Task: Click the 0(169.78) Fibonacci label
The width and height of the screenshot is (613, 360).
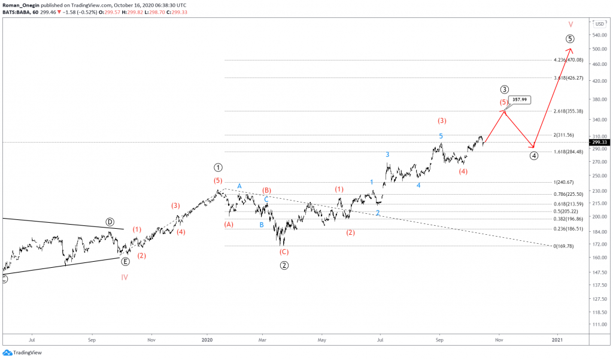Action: tap(564, 246)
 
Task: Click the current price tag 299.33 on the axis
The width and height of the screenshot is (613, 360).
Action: tap(599, 143)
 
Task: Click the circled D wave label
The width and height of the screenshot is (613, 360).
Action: tap(110, 222)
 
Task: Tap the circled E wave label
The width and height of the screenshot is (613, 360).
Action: tap(125, 261)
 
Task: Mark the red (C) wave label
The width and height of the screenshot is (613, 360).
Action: tap(284, 252)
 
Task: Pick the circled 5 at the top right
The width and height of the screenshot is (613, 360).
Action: tap(570, 39)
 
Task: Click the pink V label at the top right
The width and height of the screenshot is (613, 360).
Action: tap(570, 25)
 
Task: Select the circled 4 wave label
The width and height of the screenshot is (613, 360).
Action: tap(534, 156)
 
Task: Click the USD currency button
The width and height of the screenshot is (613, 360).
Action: tap(599, 24)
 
